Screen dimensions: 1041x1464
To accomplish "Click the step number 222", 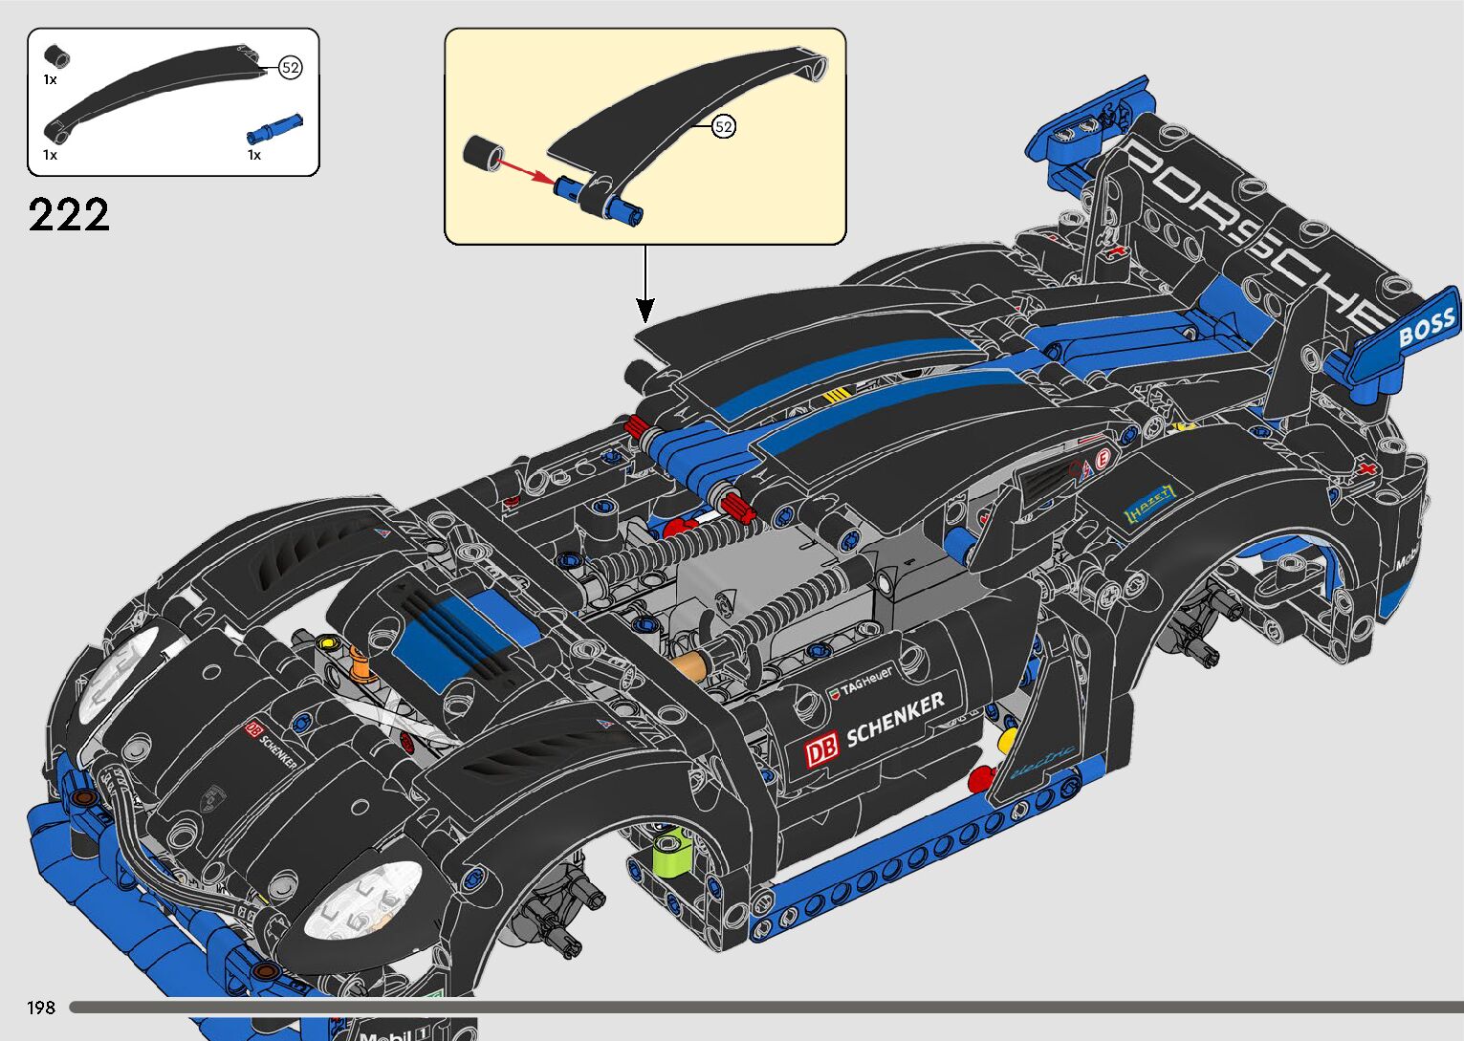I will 69,215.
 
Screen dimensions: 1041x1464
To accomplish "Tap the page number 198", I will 41,1007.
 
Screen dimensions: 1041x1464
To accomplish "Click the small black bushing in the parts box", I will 58,54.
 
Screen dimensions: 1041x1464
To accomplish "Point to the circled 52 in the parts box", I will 291,68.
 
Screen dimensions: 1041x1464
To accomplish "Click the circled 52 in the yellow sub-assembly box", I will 724,126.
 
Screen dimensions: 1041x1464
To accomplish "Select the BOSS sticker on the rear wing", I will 1426,328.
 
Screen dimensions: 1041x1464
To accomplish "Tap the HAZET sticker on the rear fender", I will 1148,504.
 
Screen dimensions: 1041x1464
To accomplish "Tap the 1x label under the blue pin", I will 254,155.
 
